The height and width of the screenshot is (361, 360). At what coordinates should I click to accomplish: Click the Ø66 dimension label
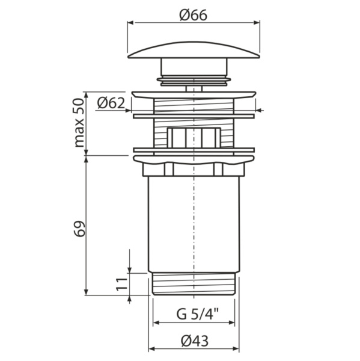click(193, 15)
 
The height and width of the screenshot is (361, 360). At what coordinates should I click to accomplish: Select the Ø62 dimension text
click(110, 103)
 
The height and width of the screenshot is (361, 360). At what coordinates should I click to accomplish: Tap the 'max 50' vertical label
click(79, 123)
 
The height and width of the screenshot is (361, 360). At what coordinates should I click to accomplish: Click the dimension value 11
click(121, 283)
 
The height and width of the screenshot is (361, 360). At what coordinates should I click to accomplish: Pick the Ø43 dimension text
click(194, 340)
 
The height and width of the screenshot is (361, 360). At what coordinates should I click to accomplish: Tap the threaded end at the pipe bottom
click(193, 283)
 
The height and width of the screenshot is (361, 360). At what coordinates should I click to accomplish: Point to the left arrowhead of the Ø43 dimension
click(151, 348)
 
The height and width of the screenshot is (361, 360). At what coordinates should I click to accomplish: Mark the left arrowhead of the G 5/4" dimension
click(156, 322)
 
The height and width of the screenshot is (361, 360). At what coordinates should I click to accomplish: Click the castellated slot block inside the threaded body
click(193, 137)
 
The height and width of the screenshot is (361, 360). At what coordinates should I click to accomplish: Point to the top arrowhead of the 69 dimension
click(88, 158)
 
